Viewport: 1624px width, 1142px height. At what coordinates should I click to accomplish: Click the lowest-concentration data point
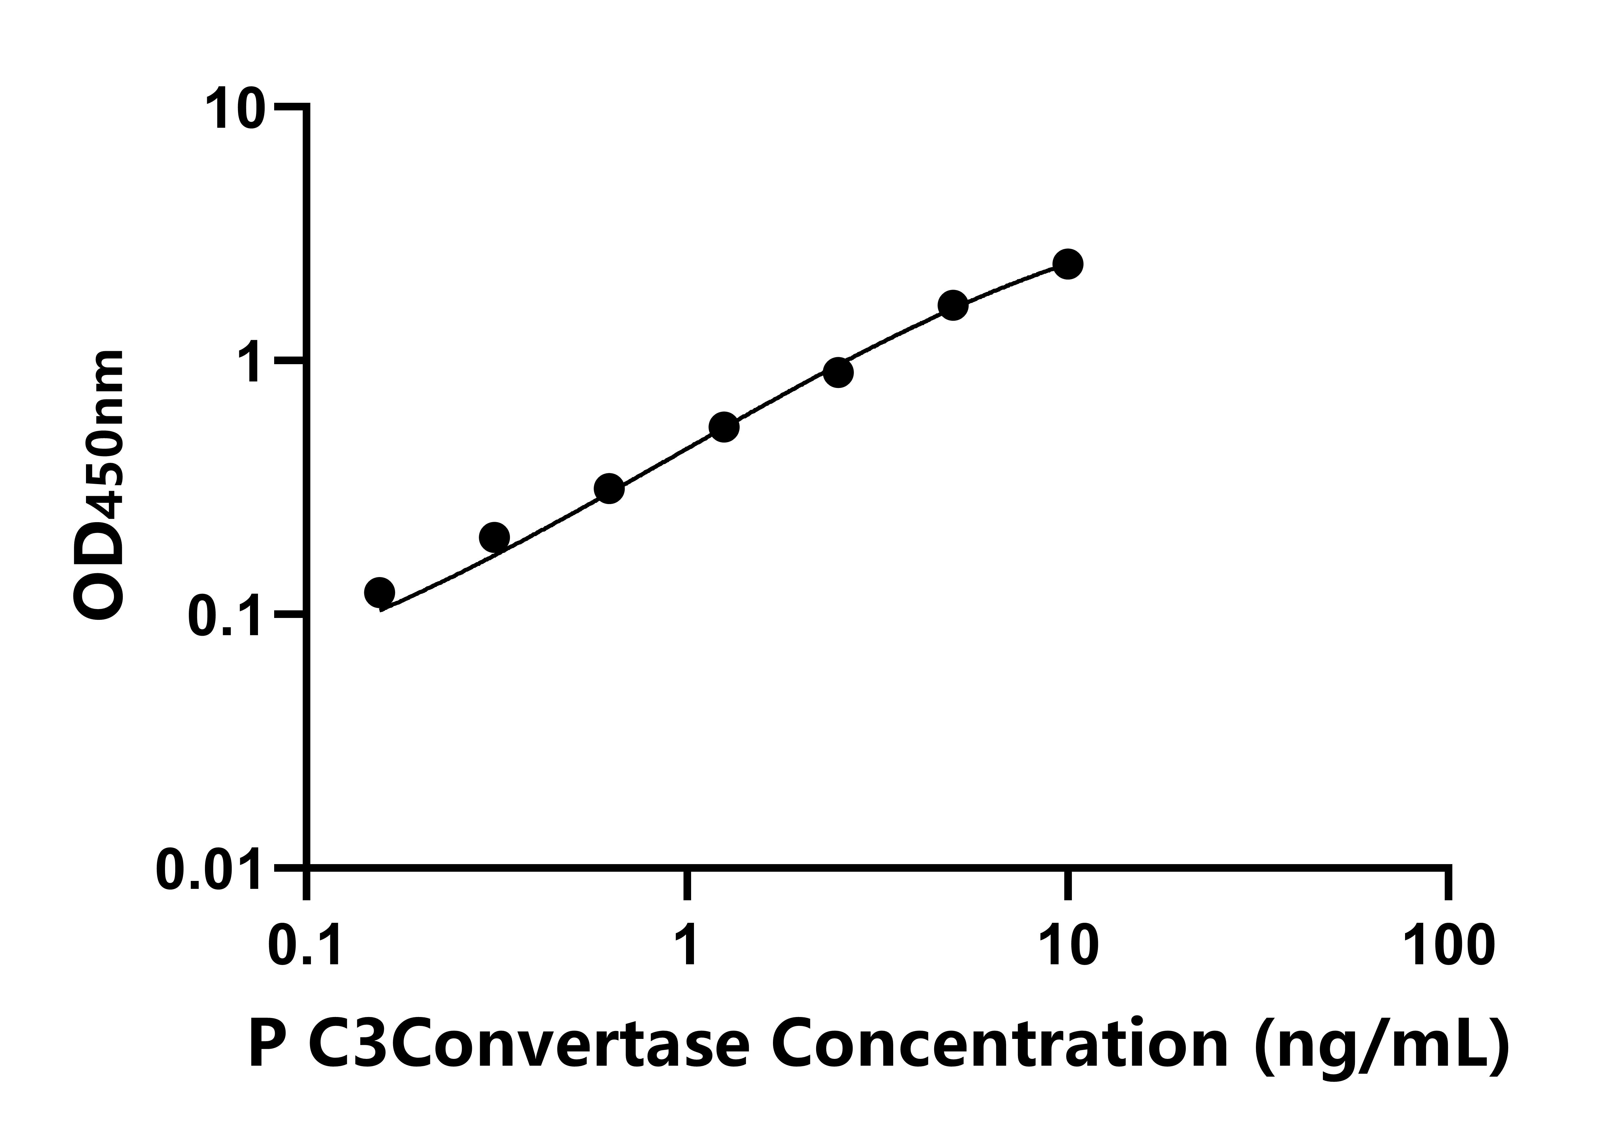380,593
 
